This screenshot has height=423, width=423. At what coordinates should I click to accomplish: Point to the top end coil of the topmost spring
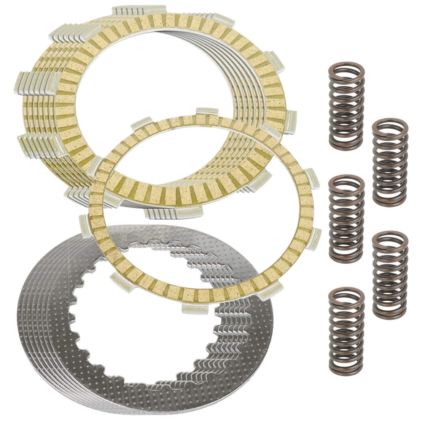[346, 70]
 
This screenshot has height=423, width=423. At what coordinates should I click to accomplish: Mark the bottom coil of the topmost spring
[346, 144]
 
